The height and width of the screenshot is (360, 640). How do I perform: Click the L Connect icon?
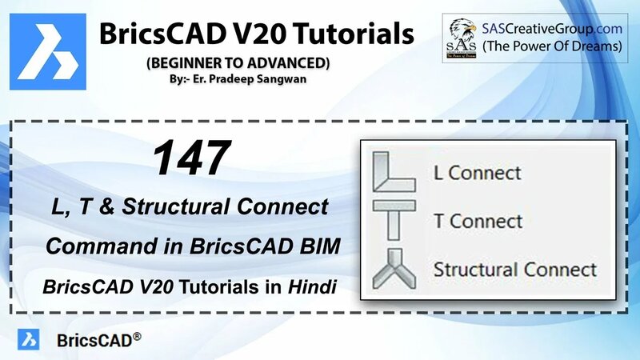(396, 172)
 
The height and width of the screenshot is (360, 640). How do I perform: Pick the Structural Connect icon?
(395, 268)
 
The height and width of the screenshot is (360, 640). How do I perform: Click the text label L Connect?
(477, 172)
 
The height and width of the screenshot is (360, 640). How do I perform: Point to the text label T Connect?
(478, 220)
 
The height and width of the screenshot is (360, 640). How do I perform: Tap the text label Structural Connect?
(514, 269)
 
